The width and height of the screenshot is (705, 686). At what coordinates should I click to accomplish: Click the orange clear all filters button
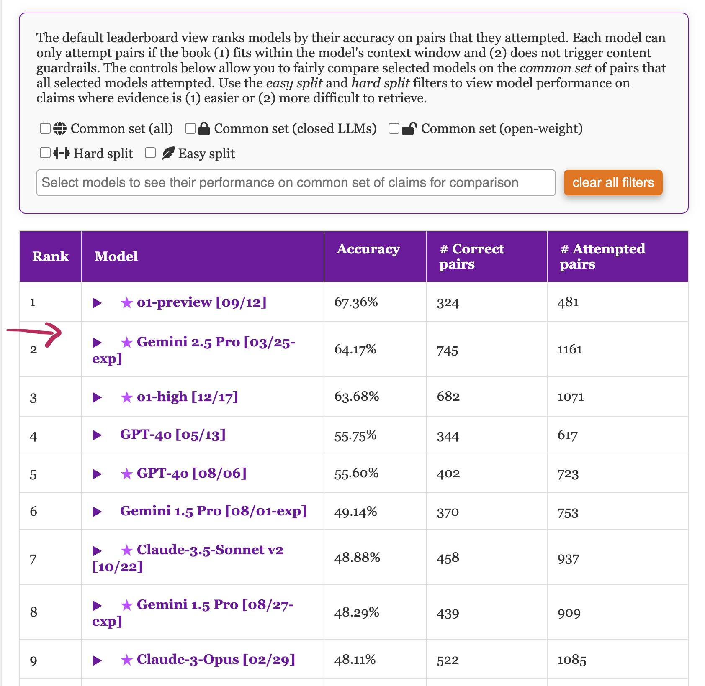pos(613,183)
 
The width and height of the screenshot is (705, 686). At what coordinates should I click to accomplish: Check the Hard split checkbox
pos(45,153)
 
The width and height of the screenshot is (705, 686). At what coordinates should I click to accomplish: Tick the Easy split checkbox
pos(150,153)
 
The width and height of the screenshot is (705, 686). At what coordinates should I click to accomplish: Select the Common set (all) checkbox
pos(45,128)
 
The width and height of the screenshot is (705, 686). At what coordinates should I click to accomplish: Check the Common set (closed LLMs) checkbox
pos(190,128)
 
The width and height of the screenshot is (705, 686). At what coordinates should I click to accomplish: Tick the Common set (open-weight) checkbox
pos(394,128)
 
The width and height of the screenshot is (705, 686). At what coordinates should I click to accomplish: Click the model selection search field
pos(296,183)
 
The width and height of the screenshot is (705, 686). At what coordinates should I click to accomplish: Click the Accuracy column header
pos(368,249)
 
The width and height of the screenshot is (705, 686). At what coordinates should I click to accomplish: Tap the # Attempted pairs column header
pos(602,256)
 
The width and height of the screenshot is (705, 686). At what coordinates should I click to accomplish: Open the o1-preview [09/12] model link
pos(201,302)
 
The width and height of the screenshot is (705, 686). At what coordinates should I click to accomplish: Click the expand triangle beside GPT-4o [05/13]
pos(98,435)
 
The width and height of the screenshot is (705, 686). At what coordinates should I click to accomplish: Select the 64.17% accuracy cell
pos(355,349)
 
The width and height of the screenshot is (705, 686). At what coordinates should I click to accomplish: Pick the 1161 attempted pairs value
pos(570,349)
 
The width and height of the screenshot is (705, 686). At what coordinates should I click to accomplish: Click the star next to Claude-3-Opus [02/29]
pos(126,660)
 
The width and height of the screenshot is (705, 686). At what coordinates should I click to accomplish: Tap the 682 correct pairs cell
pos(448,397)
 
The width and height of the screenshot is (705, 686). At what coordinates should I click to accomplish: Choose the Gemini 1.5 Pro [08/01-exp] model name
pos(213,511)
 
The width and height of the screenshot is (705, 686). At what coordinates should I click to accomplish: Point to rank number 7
pos(33,559)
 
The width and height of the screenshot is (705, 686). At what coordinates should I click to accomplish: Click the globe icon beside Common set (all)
pos(60,128)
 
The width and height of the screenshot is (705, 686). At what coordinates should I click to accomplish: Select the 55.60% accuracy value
pos(356,474)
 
